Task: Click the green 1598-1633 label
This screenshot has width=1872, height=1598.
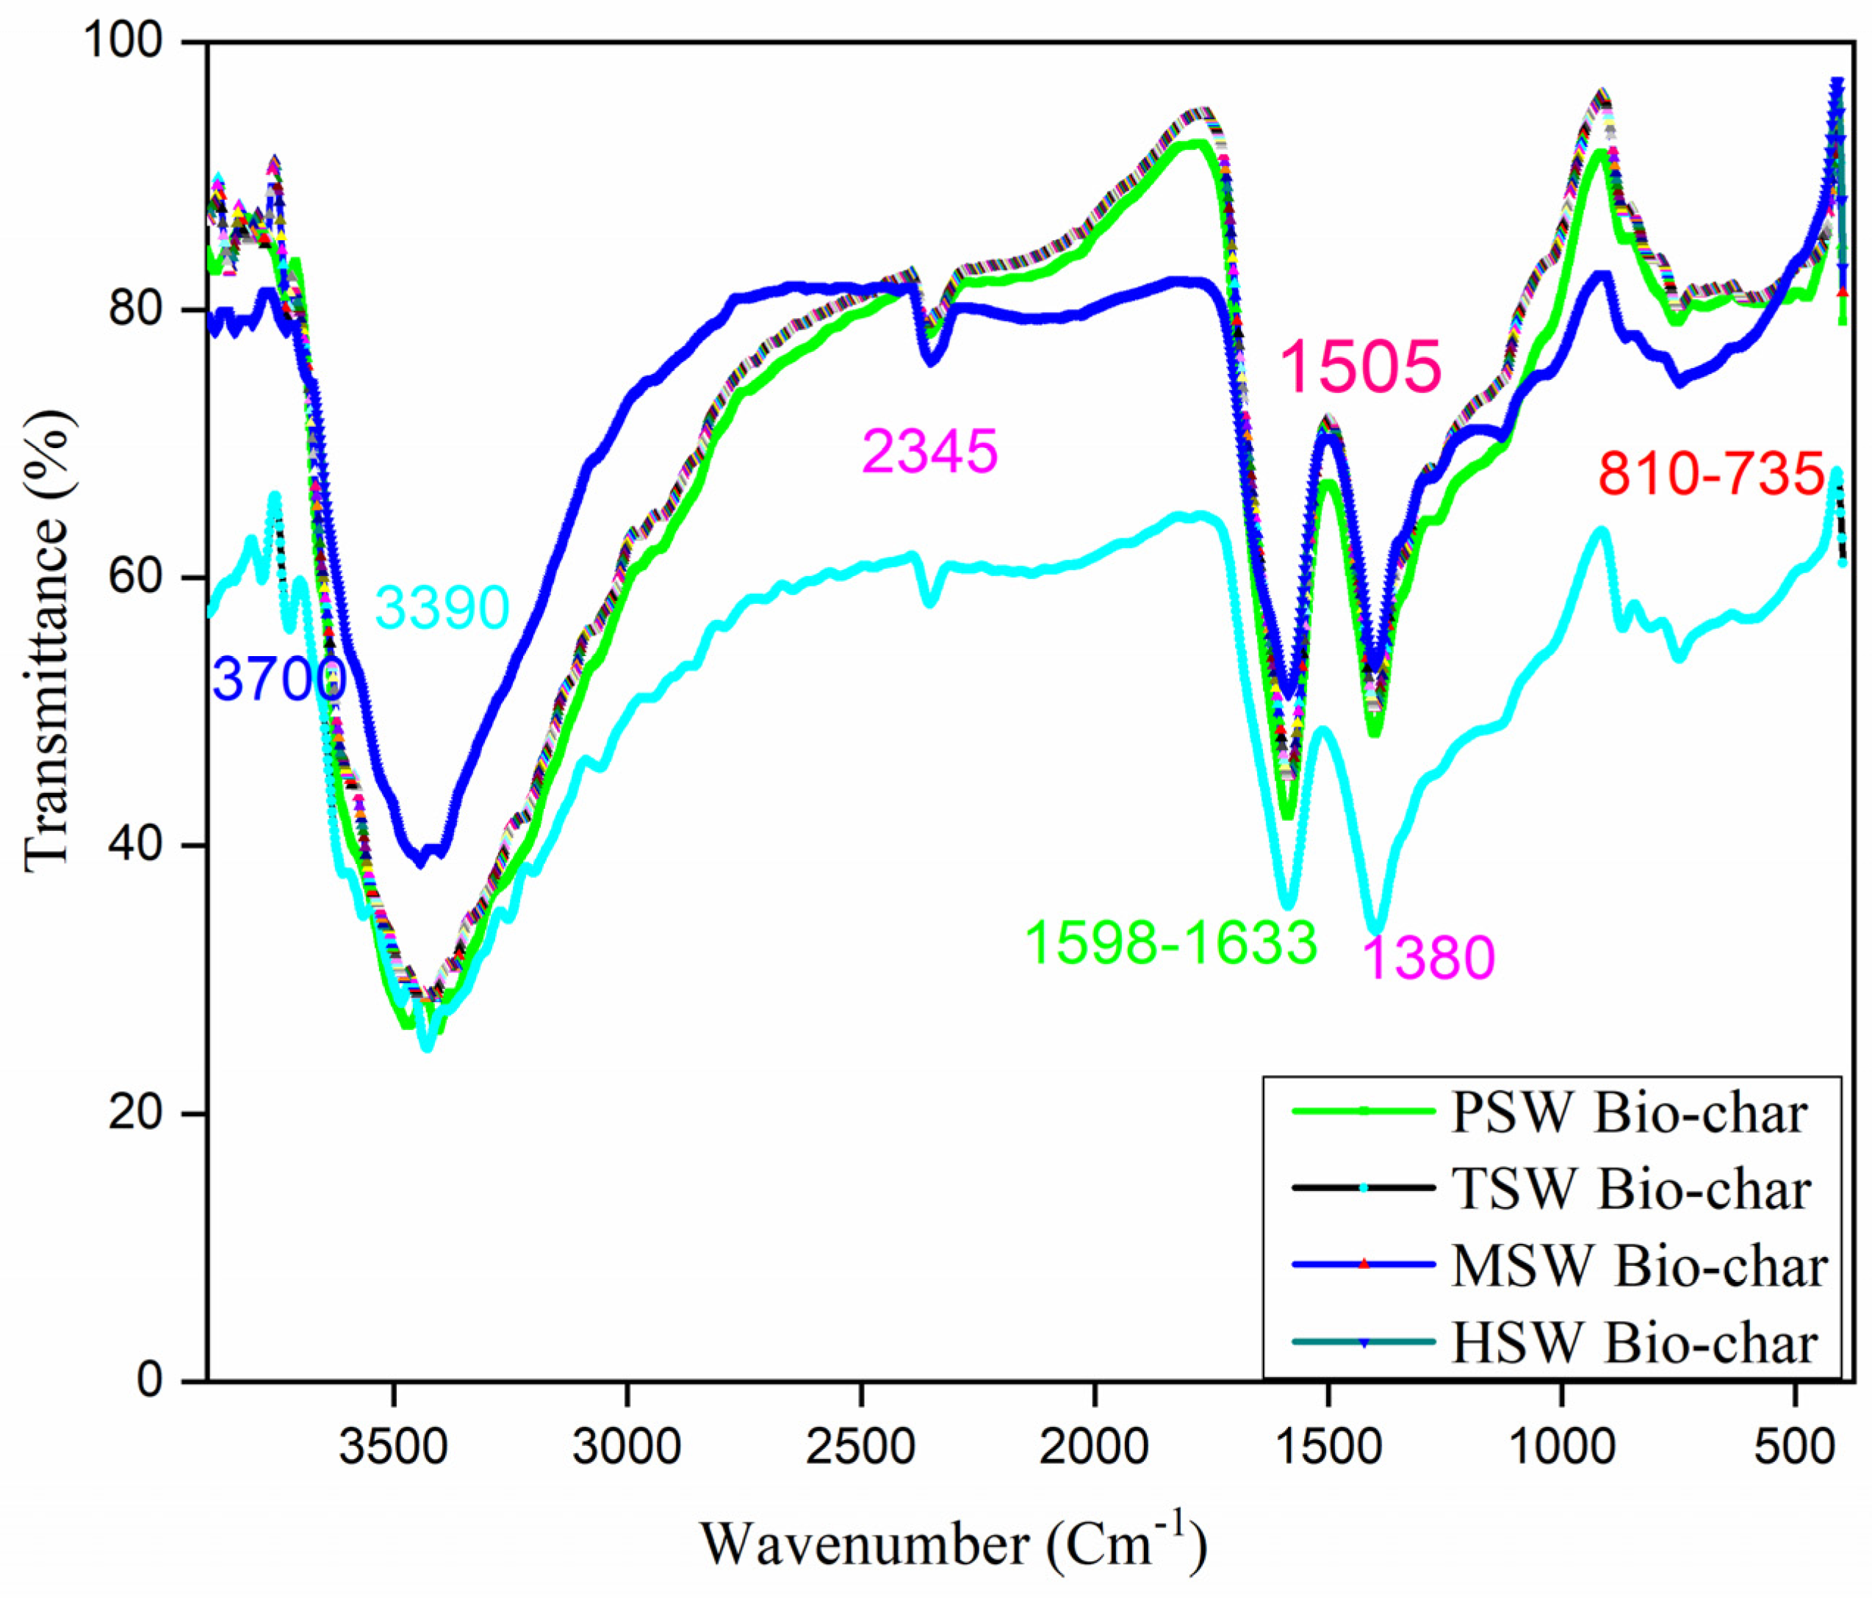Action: pos(1171,944)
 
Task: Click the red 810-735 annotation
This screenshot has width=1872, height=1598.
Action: pos(1711,473)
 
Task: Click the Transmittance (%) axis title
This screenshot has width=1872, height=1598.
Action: pos(47,641)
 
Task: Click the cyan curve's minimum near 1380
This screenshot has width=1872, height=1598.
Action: pos(1376,929)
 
